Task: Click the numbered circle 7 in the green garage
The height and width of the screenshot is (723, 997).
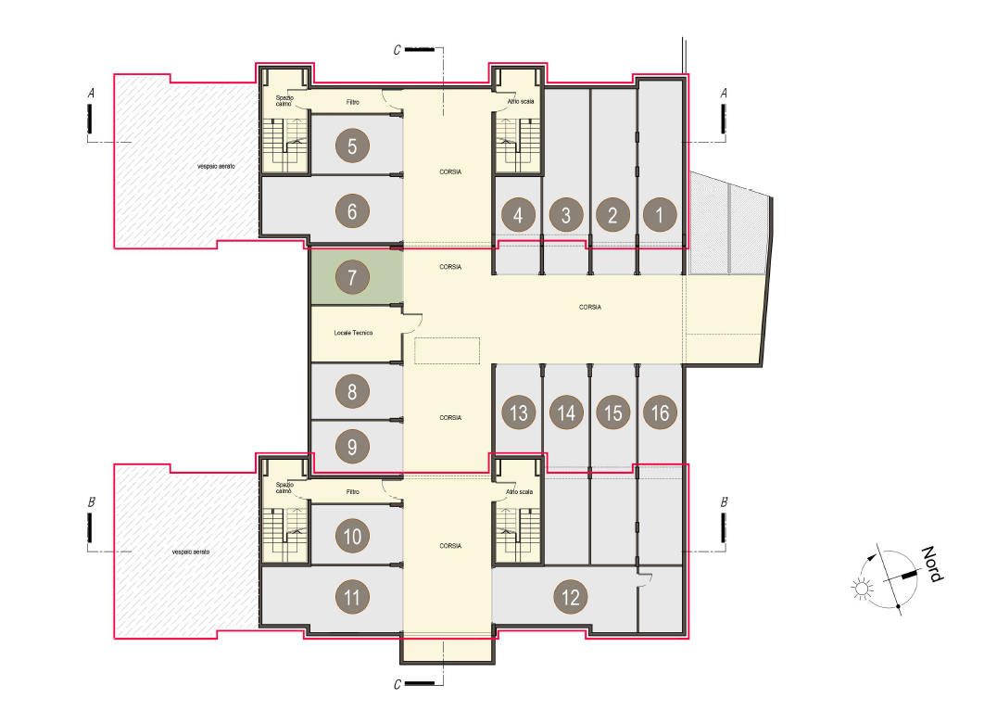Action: click(352, 277)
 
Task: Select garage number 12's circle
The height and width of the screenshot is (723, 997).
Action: click(571, 597)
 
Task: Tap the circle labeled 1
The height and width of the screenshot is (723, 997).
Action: click(660, 215)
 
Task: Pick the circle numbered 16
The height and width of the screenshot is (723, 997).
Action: click(660, 412)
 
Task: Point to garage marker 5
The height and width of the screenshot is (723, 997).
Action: click(352, 146)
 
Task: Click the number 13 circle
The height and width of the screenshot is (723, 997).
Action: click(518, 412)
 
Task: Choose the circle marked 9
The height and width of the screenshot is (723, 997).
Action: click(352, 447)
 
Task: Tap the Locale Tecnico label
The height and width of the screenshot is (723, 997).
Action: click(353, 333)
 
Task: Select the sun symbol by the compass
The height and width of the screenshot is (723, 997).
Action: click(863, 589)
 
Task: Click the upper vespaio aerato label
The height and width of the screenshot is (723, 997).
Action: click(216, 167)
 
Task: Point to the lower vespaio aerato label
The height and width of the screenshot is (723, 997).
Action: click(191, 552)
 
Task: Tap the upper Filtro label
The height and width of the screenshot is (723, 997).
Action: click(353, 102)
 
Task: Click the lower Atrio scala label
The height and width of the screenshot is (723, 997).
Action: click(520, 491)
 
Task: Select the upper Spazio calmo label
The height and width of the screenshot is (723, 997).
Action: click(284, 100)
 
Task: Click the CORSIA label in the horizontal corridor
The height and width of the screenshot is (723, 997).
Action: click(590, 307)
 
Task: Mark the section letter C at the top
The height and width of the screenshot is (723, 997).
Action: click(398, 50)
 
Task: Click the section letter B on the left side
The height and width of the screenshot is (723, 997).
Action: click(92, 502)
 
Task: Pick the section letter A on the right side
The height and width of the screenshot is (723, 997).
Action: click(724, 94)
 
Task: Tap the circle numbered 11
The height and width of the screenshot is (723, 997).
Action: click(352, 597)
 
